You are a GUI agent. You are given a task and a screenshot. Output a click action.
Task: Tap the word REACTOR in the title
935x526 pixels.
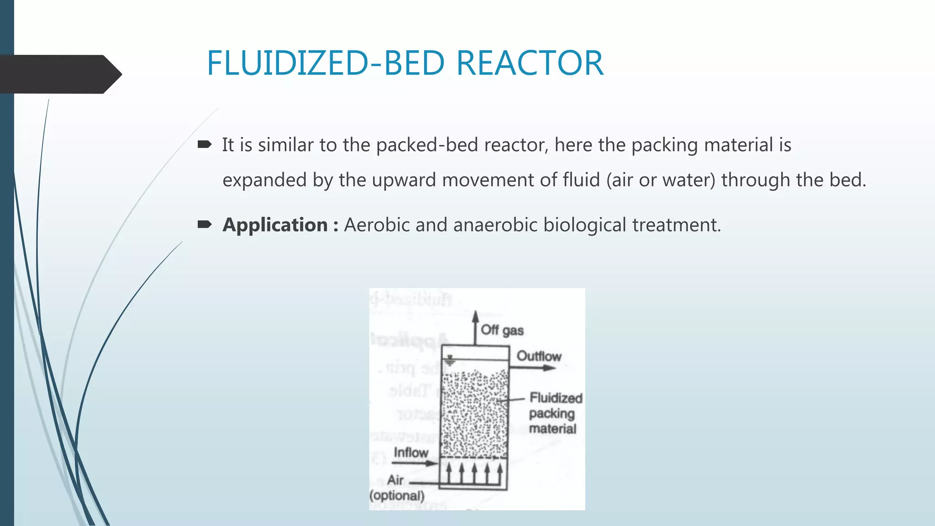(530, 63)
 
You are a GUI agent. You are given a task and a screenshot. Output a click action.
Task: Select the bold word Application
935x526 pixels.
(275, 225)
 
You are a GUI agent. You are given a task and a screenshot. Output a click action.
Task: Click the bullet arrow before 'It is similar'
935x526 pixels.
(204, 145)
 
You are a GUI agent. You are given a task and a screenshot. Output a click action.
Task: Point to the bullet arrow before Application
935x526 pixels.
(204, 224)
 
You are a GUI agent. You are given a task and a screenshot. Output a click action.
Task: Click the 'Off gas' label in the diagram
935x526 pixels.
(502, 330)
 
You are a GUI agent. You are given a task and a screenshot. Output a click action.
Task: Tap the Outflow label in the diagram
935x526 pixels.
(539, 356)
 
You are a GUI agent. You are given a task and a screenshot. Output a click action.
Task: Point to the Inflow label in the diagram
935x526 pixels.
(411, 452)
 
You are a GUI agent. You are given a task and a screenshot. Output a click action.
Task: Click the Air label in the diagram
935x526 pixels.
(395, 480)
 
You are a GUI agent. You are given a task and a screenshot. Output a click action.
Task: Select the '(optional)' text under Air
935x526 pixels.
(397, 495)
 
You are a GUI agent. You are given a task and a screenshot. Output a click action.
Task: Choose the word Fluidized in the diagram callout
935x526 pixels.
(556, 398)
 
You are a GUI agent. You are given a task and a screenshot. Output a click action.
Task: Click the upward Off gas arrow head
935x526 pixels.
(475, 316)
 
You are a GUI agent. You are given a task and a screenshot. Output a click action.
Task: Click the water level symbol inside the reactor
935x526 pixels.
(450, 361)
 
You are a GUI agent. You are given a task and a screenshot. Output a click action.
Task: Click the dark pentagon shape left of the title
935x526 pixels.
(59, 74)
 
